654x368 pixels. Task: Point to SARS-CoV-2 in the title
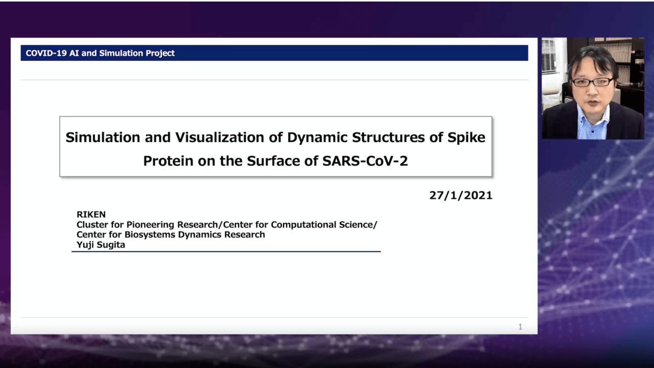365,161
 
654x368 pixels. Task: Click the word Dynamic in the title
317,138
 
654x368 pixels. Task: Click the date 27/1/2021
461,195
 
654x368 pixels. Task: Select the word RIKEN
91,215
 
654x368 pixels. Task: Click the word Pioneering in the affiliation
150,224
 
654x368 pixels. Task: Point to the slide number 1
520,327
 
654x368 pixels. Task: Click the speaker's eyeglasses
592,82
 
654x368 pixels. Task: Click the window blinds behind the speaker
549,56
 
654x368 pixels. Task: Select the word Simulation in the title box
103,137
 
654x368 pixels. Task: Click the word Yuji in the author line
85,245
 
